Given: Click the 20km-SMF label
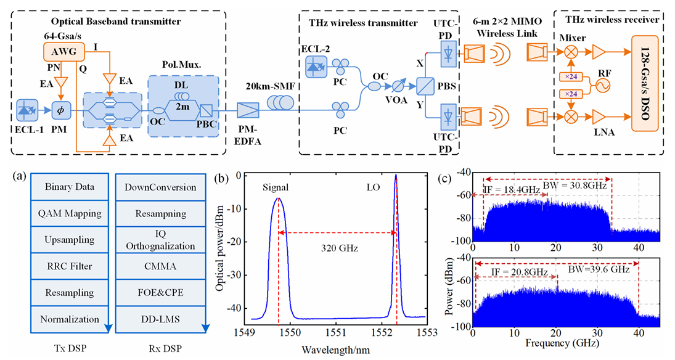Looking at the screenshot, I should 267,85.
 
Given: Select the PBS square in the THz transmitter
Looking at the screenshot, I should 425,83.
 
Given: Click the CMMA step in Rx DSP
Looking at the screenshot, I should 151,266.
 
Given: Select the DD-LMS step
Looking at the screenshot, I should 151,319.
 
